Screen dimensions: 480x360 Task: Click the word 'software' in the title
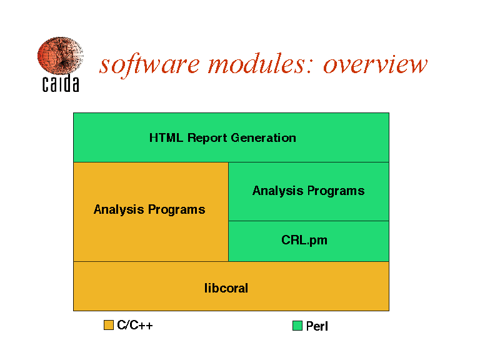coord(150,64)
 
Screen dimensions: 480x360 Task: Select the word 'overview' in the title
coord(375,65)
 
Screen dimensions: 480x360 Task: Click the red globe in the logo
coord(60,56)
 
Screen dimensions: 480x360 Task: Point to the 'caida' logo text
coord(61,83)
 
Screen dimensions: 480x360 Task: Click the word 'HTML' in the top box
coord(166,137)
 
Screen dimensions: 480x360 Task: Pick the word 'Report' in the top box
coord(207,138)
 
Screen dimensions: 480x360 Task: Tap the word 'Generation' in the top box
coord(264,137)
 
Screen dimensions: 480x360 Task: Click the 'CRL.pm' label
coord(304,240)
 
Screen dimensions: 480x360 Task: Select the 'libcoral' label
coord(226,288)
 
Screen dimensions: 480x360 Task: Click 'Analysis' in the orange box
coord(119,210)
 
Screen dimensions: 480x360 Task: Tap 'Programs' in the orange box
coord(177,210)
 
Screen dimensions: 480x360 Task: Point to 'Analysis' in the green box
coord(277,191)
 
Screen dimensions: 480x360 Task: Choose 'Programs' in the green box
coord(336,191)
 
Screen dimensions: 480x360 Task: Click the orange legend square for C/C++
coord(109,325)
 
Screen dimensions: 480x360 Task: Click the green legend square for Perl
coord(297,326)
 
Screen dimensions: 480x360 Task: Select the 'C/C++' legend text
coord(135,325)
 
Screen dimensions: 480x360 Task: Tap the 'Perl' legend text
coord(317,326)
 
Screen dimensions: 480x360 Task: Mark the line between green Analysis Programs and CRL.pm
coord(309,221)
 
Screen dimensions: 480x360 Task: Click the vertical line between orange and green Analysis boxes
coord(228,212)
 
